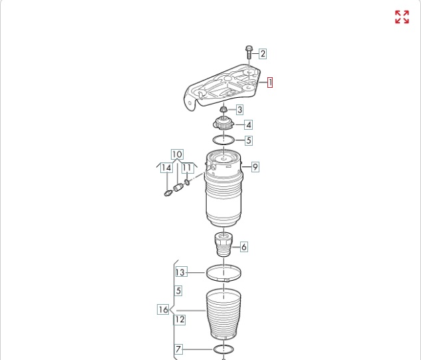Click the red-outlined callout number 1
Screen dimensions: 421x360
270,83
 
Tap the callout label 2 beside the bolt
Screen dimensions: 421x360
263,54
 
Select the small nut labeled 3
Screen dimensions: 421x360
223,109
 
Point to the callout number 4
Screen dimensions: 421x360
249,124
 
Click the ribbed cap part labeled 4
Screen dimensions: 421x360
223,124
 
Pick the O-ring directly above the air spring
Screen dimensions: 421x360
223,140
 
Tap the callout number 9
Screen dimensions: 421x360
255,167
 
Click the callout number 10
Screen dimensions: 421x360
177,154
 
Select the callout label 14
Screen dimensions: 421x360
166,168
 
